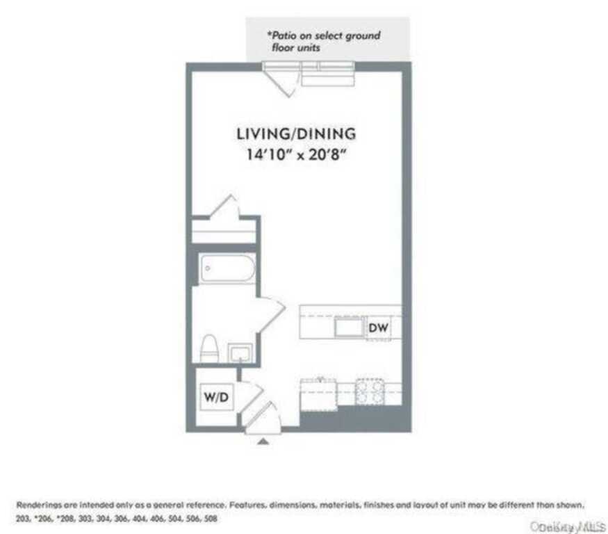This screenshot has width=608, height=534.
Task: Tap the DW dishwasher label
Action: [377, 327]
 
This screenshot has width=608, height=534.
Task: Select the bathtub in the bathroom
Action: [227, 269]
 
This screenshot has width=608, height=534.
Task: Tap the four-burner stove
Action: [370, 392]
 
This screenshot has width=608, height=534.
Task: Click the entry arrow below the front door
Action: [263, 440]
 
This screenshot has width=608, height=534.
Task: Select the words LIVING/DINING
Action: [296, 133]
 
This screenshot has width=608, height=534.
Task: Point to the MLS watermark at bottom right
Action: [568, 527]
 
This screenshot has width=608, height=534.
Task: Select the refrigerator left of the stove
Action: [318, 394]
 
